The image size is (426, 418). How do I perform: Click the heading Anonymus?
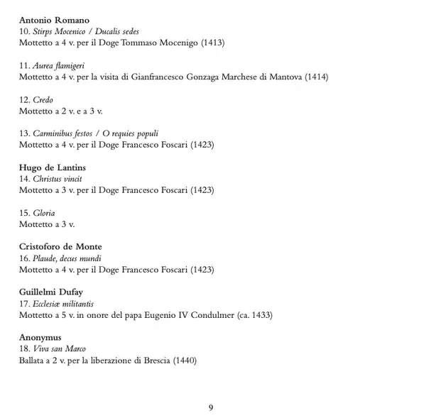click(40, 337)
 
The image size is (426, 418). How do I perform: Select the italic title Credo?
click(43, 100)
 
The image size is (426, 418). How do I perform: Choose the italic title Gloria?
click(44, 214)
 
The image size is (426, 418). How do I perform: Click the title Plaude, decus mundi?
click(67, 259)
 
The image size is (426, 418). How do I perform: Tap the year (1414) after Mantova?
click(316, 77)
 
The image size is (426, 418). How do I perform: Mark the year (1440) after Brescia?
click(184, 360)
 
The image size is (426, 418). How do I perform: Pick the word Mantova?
click(285, 77)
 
